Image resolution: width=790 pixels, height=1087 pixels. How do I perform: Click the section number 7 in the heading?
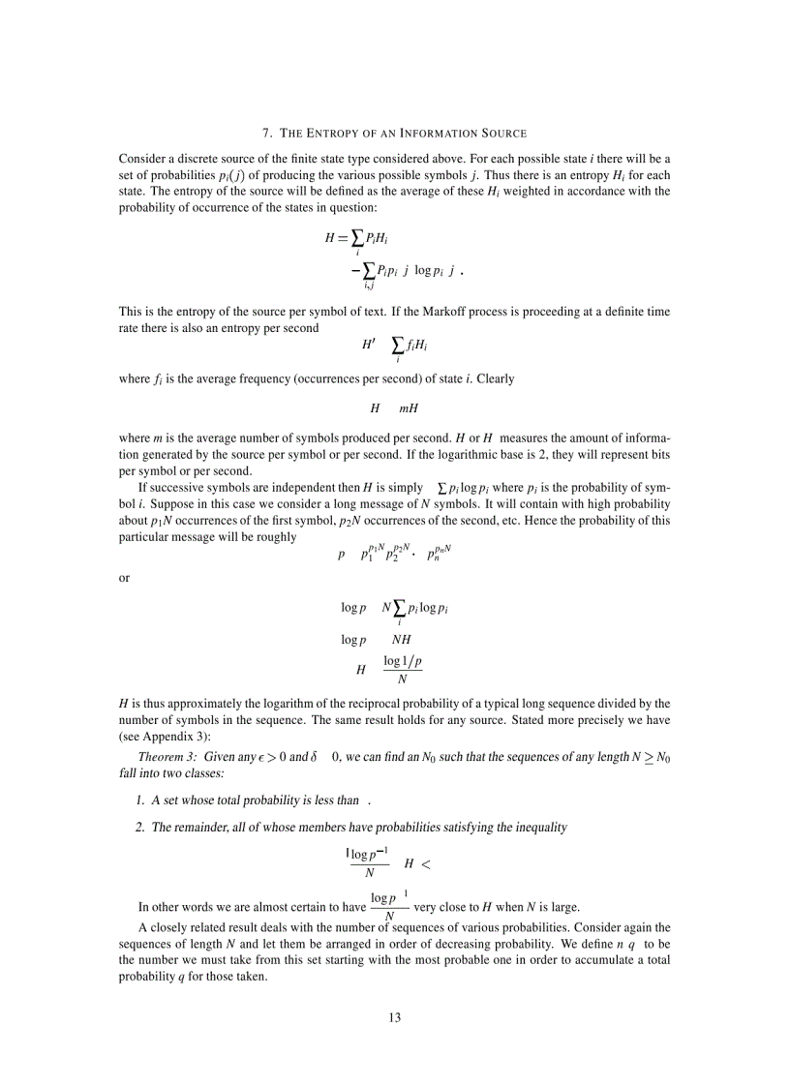click(x=266, y=133)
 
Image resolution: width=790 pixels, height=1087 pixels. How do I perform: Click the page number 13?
click(x=394, y=1017)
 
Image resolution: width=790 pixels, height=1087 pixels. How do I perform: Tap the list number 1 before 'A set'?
click(x=140, y=800)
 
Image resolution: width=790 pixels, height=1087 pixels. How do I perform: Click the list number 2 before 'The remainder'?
click(x=140, y=828)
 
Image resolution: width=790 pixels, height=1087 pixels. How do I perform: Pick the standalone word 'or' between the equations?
click(x=124, y=578)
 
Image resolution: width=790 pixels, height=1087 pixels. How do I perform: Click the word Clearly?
click(x=495, y=378)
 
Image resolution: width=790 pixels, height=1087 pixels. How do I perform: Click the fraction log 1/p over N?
click(x=402, y=669)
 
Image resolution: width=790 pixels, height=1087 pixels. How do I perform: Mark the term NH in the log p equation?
click(x=402, y=640)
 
